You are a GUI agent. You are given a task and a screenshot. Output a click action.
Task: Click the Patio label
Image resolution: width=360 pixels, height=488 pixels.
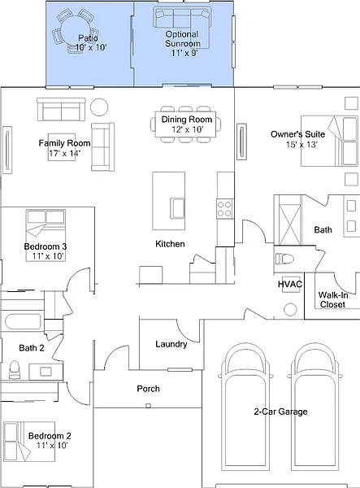point(88,38)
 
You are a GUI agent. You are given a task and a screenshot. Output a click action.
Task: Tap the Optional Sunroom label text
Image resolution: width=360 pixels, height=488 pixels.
point(182,39)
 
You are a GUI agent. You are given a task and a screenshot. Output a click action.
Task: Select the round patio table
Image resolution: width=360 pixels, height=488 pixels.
point(76,32)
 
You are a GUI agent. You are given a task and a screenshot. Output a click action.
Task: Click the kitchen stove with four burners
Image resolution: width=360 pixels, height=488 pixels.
point(224,208)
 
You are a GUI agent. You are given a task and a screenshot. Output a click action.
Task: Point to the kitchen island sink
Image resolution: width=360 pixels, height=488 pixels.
point(177,208)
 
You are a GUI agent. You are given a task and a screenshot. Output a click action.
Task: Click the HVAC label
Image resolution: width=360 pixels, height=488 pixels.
point(290,284)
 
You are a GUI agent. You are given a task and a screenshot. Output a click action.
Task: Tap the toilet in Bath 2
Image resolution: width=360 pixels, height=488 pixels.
point(15,369)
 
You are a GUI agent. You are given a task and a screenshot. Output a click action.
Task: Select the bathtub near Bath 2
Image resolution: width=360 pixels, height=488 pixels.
point(23,321)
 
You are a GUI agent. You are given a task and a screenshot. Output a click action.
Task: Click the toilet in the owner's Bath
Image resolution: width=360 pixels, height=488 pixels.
point(284,259)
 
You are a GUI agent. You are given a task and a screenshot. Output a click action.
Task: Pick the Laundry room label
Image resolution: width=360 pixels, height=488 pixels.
point(171,344)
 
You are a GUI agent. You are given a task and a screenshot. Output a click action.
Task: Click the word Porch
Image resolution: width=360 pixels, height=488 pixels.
point(148,389)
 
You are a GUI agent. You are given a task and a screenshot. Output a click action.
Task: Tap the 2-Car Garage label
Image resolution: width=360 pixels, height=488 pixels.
point(280,412)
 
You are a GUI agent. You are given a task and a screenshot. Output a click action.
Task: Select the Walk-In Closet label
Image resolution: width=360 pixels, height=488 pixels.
point(332,299)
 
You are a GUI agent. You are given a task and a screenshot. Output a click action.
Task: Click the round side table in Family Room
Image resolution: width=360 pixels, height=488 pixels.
point(99,107)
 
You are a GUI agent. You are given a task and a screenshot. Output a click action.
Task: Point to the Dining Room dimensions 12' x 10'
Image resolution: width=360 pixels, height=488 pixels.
point(188,129)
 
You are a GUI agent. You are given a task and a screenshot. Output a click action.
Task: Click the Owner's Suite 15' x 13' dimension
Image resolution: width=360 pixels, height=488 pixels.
point(301,145)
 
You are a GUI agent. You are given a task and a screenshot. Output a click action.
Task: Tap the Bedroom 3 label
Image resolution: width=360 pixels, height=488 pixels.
point(46,246)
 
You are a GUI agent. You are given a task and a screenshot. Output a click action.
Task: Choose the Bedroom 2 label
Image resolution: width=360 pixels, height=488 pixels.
point(50,436)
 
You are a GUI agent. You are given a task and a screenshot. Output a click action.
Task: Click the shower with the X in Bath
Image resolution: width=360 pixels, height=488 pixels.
point(290,220)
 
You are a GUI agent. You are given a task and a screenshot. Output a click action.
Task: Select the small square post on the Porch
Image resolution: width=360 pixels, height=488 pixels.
point(148,406)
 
